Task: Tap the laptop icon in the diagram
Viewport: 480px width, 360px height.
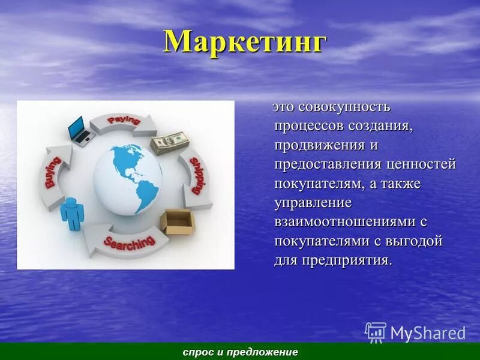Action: (x=79, y=130)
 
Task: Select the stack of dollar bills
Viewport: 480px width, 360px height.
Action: (x=170, y=142)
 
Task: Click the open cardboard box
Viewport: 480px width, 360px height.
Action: (x=179, y=221)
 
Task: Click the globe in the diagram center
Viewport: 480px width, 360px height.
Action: (x=129, y=178)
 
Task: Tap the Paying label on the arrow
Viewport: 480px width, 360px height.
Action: (x=124, y=121)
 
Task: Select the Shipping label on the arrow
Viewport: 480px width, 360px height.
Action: (x=196, y=175)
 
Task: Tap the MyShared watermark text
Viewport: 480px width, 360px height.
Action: (x=427, y=333)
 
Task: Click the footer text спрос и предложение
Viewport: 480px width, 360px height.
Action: (x=240, y=352)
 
